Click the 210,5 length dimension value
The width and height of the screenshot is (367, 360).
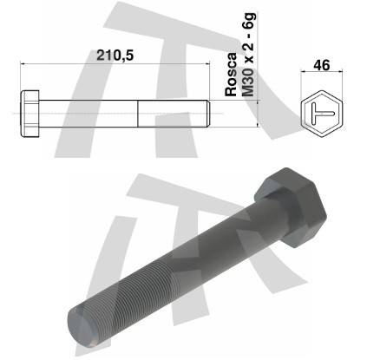pyautogui.click(x=115, y=56)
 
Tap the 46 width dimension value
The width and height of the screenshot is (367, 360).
pyautogui.click(x=322, y=65)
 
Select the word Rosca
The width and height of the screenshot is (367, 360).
pyautogui.click(x=231, y=75)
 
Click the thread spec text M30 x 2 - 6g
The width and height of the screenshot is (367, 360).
pyautogui.click(x=248, y=55)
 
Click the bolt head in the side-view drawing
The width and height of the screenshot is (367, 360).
pyautogui.click(x=29, y=114)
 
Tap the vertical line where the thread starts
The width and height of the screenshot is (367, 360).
pyautogui.click(x=138, y=114)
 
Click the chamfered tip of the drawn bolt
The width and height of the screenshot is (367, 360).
pyautogui.click(x=208, y=114)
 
